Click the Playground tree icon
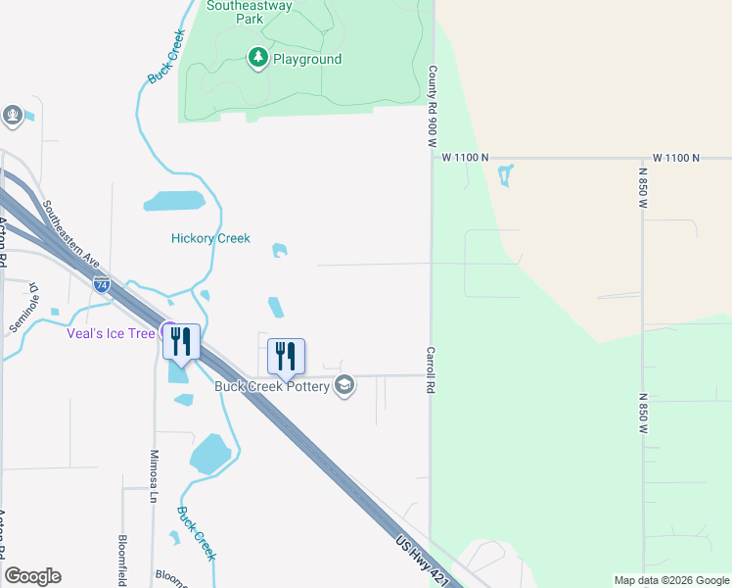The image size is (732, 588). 257,59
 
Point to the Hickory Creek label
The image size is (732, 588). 210,238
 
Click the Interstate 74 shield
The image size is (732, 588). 103,285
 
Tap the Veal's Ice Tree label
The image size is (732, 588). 111,333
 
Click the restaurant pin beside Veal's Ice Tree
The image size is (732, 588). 181,342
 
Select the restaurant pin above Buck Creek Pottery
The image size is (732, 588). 286,356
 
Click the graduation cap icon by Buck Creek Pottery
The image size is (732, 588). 343,385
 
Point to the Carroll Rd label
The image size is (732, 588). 430,368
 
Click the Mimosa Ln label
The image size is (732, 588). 153,476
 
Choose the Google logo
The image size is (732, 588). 32,576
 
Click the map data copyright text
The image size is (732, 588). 671,580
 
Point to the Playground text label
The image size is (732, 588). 307,60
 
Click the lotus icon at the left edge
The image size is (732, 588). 13,116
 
